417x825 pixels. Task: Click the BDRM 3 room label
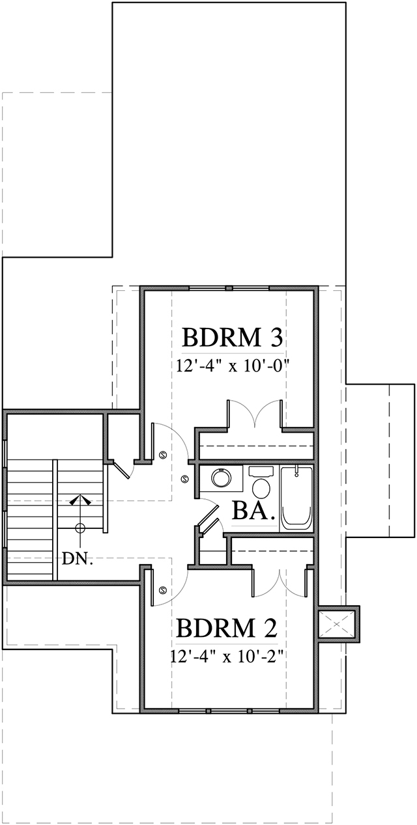231,338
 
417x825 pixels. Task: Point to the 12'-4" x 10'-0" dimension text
232,366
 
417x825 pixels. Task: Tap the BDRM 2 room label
227,629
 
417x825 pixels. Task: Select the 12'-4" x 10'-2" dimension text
227,656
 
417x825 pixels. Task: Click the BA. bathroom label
252,511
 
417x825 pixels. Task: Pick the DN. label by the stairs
78,558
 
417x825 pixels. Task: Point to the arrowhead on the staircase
79,500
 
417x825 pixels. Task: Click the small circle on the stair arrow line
79,528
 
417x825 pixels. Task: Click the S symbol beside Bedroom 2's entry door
162,590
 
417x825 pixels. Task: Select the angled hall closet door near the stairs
122,470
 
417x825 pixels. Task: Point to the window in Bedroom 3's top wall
229,288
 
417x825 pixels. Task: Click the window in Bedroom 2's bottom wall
229,709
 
